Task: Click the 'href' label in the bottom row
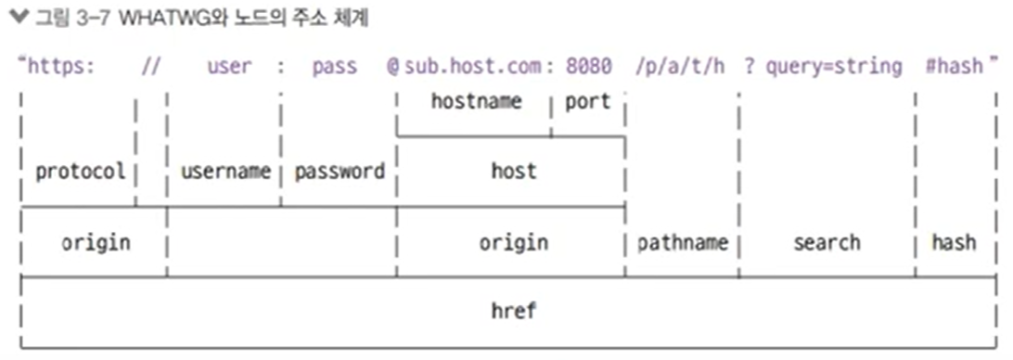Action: click(513, 311)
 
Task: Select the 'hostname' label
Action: click(476, 101)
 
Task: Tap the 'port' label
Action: click(587, 101)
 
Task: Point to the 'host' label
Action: click(513, 171)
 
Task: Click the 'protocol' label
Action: click(80, 172)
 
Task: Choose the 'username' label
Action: click(225, 172)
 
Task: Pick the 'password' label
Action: click(340, 172)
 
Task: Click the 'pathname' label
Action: click(682, 243)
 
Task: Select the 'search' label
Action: click(827, 242)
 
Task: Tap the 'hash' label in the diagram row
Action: click(954, 242)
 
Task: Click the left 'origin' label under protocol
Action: click(96, 242)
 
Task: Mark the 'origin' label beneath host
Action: click(513, 242)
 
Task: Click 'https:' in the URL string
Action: click(61, 67)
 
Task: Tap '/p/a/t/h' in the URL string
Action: click(680, 67)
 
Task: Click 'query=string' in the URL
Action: click(833, 67)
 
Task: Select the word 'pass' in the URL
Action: click(334, 67)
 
